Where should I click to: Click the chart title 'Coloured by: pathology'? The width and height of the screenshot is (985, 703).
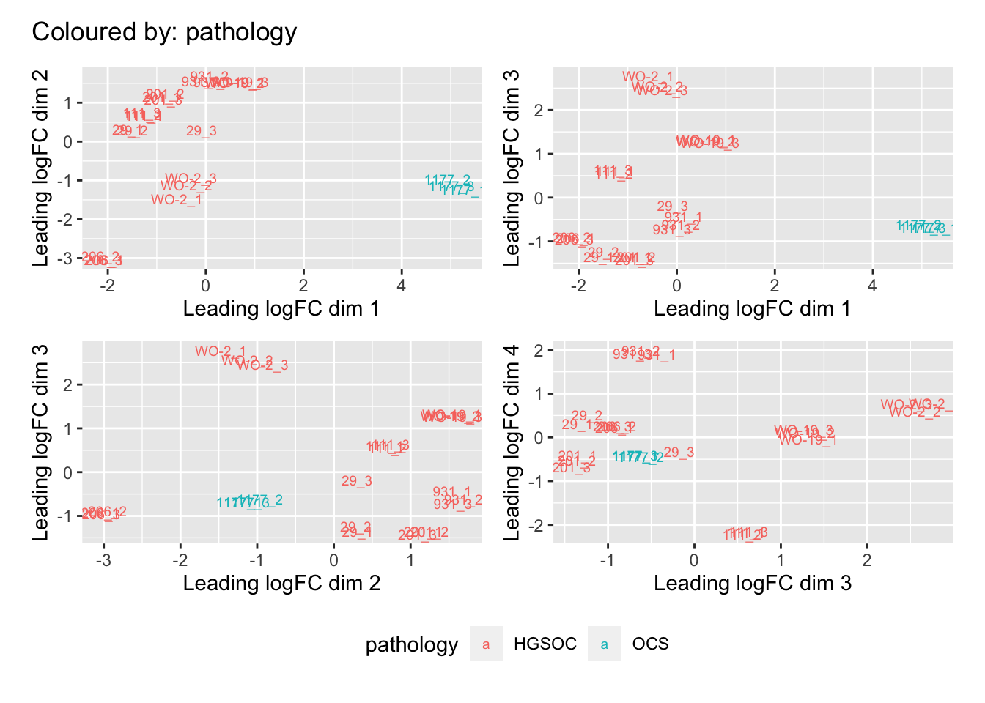coord(164,32)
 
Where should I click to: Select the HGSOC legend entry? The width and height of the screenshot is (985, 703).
coord(545,644)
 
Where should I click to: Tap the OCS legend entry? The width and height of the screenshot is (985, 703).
coord(650,644)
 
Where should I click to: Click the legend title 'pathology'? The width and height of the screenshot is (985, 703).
coord(411,644)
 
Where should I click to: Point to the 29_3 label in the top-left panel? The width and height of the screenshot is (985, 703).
coord(201,131)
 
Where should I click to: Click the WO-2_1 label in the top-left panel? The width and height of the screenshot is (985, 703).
coord(177,200)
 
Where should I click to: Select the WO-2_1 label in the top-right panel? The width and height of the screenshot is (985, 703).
coord(647,77)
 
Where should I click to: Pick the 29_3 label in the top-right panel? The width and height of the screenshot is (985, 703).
coord(672,207)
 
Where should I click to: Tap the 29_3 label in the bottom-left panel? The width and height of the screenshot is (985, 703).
coord(356,481)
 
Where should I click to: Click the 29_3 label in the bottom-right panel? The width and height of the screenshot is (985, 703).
coord(679,453)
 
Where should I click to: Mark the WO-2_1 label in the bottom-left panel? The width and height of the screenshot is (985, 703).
coord(221,351)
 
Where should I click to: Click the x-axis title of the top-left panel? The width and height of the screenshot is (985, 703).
coord(281,309)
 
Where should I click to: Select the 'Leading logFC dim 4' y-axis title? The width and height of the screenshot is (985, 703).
coord(512,442)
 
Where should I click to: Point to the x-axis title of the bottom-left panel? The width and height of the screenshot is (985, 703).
coord(281,584)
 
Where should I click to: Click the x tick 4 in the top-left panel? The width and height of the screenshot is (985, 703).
coord(402,286)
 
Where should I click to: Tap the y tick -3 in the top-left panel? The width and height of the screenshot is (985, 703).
coord(67,258)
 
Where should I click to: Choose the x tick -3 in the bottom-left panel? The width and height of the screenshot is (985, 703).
coord(103,560)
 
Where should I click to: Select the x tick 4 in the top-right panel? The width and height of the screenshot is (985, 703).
coord(872,286)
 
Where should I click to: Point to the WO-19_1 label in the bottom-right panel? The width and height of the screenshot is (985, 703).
coord(808,440)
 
